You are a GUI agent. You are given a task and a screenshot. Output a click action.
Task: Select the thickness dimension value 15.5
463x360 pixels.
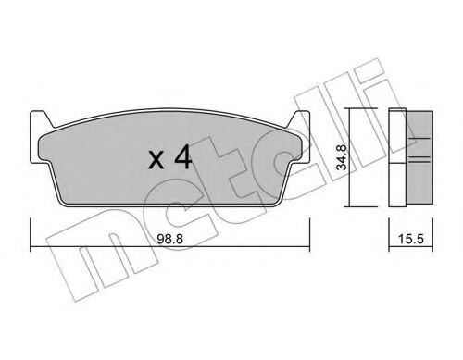tap(407, 237)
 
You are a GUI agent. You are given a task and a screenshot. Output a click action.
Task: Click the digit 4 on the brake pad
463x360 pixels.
tap(182, 158)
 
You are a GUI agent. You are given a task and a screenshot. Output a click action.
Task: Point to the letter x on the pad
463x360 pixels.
tap(155, 161)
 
